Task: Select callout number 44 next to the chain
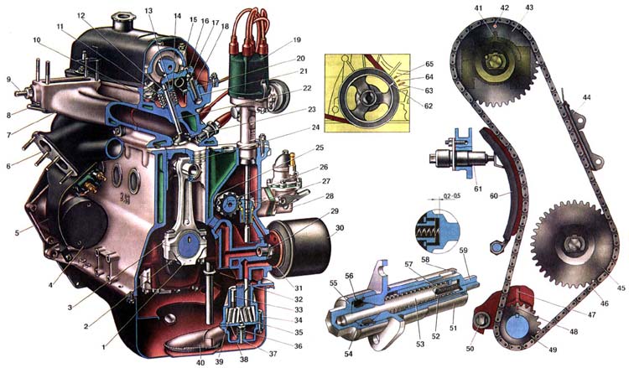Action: (x=587, y=98)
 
